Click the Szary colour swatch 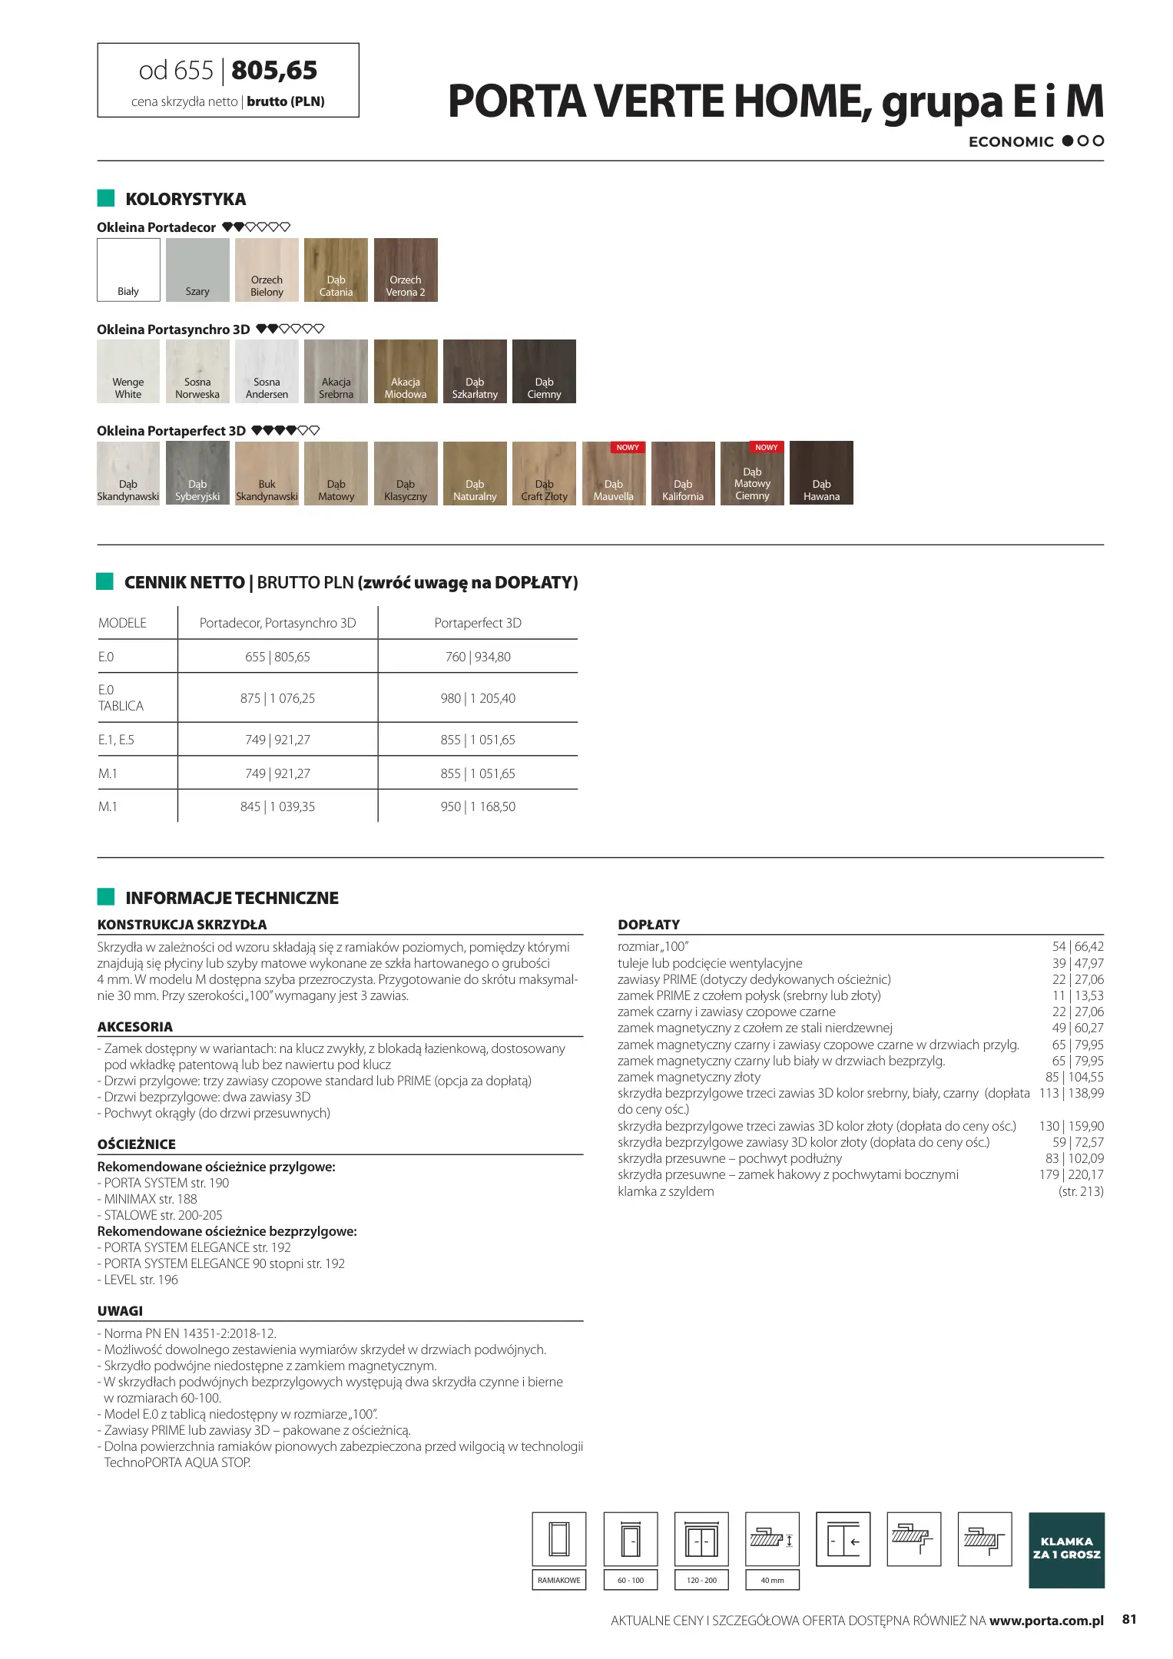(197, 270)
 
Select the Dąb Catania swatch (336, 270)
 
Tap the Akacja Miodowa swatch (406, 371)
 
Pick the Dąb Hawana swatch (821, 473)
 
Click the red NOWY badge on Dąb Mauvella (628, 447)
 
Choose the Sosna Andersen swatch (267, 371)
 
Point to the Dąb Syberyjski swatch (197, 473)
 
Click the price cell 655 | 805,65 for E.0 (277, 657)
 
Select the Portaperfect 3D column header (478, 623)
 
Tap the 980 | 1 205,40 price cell (478, 698)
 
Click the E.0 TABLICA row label (121, 698)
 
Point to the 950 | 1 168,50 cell (478, 806)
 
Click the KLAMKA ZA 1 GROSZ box (1066, 1550)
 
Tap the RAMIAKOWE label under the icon (559, 1580)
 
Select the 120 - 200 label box (701, 1580)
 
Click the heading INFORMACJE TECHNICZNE (231, 898)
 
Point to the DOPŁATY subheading (648, 925)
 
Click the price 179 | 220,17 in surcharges (1071, 1174)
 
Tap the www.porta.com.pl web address (1046, 1621)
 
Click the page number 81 (1129, 1619)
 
